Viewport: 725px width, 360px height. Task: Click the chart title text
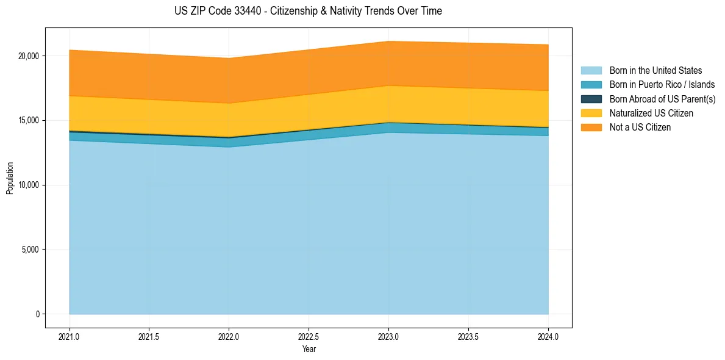(x=308, y=11)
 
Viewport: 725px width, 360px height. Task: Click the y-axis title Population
(x=10, y=178)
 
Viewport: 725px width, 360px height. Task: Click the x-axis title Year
(x=309, y=350)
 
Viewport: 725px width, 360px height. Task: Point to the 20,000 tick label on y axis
(x=28, y=56)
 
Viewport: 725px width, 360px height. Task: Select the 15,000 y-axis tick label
(x=28, y=121)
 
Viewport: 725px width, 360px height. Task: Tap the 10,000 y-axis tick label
(x=28, y=185)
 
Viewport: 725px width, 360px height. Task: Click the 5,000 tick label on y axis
(x=30, y=250)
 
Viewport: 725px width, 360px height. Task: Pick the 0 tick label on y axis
(x=37, y=314)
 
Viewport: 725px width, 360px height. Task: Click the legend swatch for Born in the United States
(x=591, y=71)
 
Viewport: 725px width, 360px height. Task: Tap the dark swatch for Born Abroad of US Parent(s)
(x=591, y=99)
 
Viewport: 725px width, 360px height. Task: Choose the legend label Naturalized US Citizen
(x=651, y=113)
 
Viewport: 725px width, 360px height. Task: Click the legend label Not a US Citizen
(x=640, y=128)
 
